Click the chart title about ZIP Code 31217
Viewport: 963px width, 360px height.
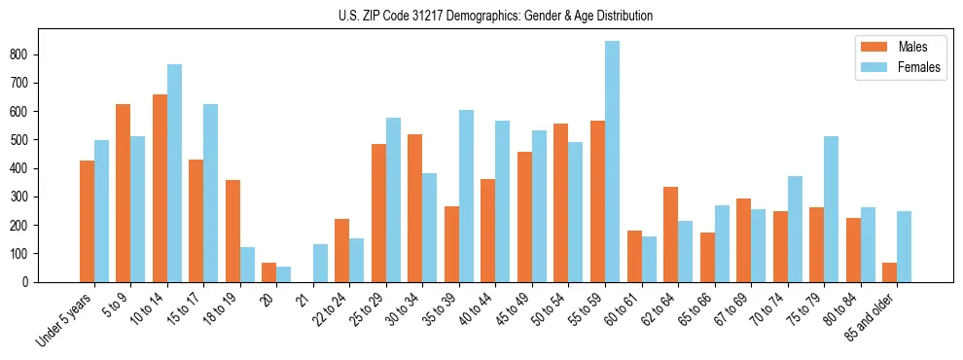(x=481, y=16)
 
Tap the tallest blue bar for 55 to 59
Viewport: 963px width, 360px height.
(x=612, y=162)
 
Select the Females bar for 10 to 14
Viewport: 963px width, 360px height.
(x=174, y=173)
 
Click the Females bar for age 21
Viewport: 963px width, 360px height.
(x=320, y=263)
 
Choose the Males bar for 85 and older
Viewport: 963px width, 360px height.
(x=889, y=272)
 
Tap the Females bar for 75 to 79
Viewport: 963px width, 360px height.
(x=831, y=209)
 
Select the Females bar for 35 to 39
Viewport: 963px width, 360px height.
(x=466, y=196)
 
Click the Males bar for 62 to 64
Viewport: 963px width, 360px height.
(x=670, y=234)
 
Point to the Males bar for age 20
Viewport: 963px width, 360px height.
(x=269, y=272)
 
